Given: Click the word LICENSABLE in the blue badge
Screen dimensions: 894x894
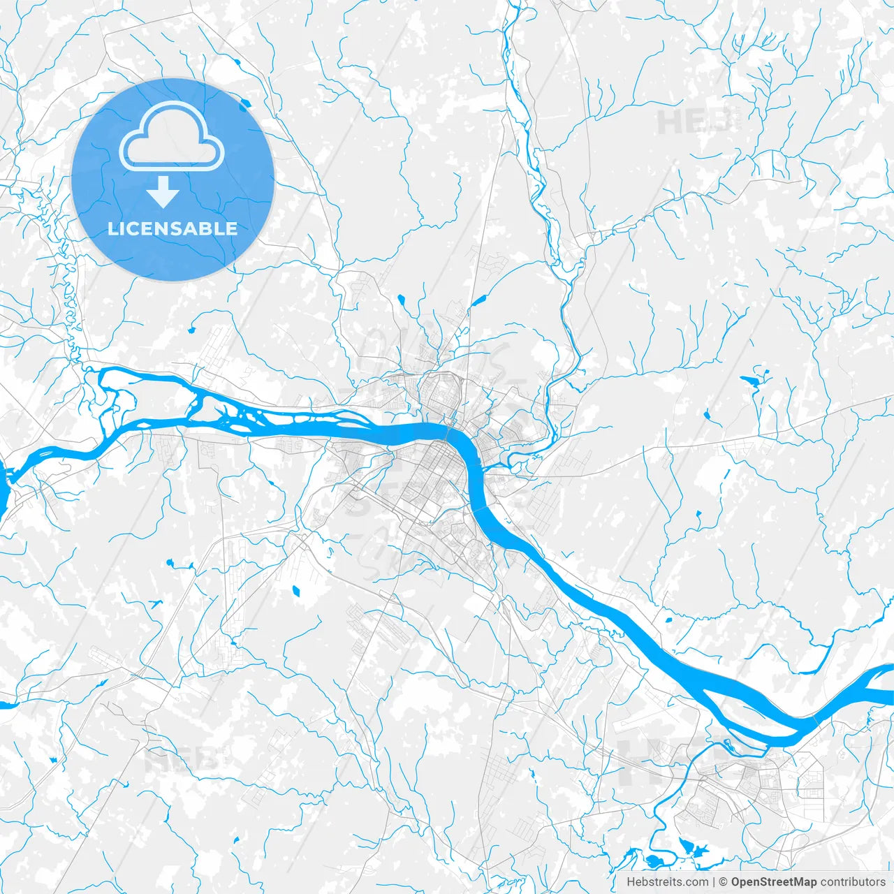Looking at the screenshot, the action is (173, 228).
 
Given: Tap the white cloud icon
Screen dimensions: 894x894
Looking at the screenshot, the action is (172, 137).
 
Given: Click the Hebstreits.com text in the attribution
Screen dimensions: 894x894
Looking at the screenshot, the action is (667, 882).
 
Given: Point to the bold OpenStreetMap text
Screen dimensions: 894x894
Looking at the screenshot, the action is (773, 882).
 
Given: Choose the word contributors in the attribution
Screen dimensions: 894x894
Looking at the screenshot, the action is (853, 882).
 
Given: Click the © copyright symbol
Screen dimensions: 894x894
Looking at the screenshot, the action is (724, 882).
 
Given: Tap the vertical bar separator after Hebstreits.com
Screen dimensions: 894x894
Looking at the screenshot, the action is (713, 882).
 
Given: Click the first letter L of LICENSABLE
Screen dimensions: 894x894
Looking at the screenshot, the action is (112, 228).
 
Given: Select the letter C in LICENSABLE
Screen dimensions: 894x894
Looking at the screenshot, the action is (133, 228).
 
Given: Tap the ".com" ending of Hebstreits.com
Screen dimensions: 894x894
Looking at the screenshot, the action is (696, 882).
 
